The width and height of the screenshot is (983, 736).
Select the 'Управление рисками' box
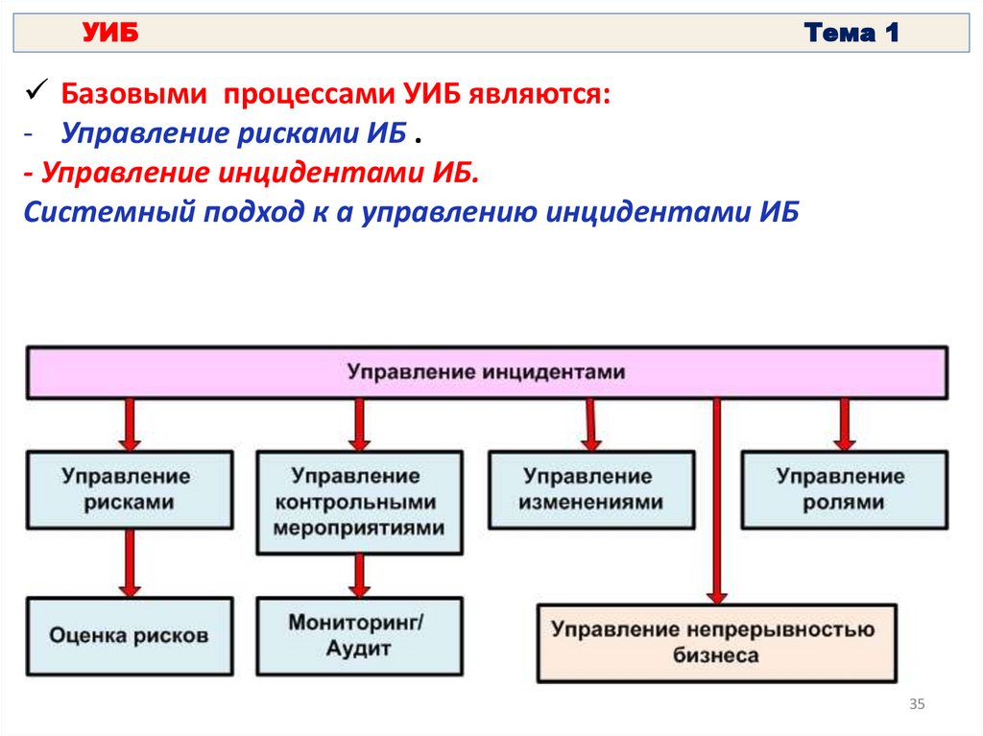click(x=129, y=489)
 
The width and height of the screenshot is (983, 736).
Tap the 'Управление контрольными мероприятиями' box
click(x=359, y=502)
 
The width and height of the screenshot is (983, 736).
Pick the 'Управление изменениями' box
click(x=590, y=489)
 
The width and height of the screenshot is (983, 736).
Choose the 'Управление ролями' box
click(x=840, y=489)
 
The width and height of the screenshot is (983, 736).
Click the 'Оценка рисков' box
click(x=129, y=634)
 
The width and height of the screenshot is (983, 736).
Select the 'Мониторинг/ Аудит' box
click(x=359, y=634)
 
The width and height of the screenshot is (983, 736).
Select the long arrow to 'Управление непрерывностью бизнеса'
click(x=715, y=499)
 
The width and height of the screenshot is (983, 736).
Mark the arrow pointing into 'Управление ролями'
click(x=845, y=424)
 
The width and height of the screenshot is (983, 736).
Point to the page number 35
click(x=916, y=706)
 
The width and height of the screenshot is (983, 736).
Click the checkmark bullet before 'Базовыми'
click(x=34, y=94)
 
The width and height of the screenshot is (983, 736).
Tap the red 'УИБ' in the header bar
click(x=111, y=35)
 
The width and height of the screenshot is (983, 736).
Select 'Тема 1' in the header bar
click(x=851, y=35)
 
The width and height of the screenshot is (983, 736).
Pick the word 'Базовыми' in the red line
click(x=134, y=96)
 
